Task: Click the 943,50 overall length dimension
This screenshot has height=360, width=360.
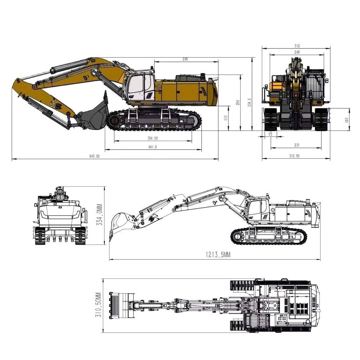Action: (x=94, y=156)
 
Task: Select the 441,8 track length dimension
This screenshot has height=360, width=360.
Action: (x=153, y=147)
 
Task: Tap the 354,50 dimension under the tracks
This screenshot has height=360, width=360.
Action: (x=153, y=138)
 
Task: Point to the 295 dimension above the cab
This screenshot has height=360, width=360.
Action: (x=185, y=59)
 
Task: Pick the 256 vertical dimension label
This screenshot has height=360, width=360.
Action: (x=238, y=102)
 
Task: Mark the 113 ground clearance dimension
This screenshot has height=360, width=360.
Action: (x=226, y=118)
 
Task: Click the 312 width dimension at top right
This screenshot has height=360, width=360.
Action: (x=297, y=46)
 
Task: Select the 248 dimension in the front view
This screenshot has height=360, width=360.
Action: (x=297, y=52)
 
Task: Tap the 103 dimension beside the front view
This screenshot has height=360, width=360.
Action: (x=347, y=120)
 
